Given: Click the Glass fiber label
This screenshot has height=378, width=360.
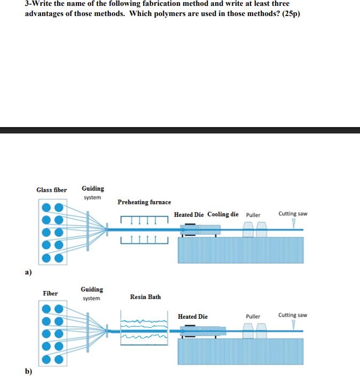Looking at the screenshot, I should [51, 190].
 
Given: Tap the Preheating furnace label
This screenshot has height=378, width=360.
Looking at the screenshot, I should [144, 202].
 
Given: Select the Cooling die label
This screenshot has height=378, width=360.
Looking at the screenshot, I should [223, 214].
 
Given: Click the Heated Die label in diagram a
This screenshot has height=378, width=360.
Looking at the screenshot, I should [189, 215].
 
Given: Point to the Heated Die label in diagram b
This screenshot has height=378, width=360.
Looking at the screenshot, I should [193, 317].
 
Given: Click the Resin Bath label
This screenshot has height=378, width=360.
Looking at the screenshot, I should [145, 297].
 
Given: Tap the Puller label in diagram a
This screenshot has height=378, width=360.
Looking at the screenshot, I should [253, 215].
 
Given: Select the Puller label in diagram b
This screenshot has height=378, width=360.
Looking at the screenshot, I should [253, 317].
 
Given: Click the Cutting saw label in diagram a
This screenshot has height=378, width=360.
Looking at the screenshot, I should [293, 214].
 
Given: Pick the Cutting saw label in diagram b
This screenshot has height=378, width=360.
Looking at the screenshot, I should [293, 315].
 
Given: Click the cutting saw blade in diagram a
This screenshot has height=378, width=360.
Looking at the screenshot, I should [293, 224].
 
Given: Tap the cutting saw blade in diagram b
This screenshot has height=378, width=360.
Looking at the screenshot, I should [293, 325].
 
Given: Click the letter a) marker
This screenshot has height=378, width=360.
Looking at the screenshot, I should [28, 272].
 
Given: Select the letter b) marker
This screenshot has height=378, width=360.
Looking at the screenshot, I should [28, 372].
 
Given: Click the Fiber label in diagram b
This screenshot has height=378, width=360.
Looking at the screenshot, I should [51, 293].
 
